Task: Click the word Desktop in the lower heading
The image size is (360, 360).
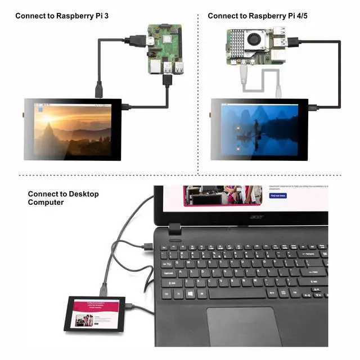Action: (84, 194)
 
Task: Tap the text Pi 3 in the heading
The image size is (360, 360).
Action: (101, 15)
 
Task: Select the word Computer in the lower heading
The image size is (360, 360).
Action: (46, 202)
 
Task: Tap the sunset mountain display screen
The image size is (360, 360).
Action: (73, 129)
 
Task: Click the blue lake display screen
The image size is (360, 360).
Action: (259, 129)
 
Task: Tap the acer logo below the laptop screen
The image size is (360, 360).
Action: (256, 217)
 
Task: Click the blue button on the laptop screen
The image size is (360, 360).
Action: (278, 196)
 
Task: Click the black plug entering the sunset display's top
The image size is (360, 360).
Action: (98, 89)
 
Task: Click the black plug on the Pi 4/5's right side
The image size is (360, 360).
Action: (293, 40)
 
